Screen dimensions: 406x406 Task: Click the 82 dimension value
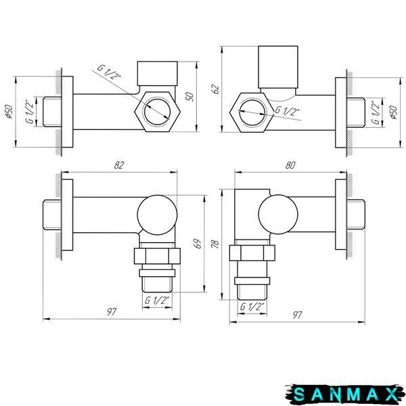click(119, 165)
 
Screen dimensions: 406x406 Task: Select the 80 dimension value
click(290, 165)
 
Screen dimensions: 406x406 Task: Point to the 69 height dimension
click(198, 244)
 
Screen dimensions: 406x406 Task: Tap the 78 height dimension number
click(215, 244)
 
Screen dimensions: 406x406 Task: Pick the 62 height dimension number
click(215, 89)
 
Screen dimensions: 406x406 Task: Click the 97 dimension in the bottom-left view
click(112, 312)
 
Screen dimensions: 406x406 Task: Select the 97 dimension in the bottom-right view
click(297, 315)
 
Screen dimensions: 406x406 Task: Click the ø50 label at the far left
click(9, 112)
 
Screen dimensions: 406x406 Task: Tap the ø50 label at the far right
click(394, 112)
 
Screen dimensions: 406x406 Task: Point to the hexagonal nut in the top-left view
click(158, 112)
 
